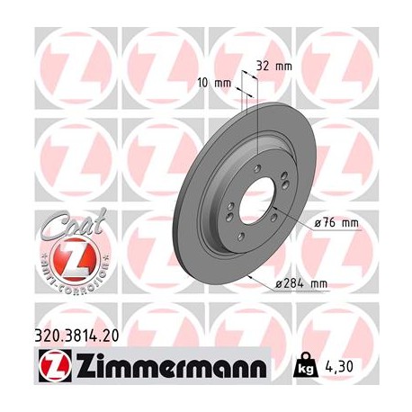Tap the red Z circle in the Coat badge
[x=60, y=260]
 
